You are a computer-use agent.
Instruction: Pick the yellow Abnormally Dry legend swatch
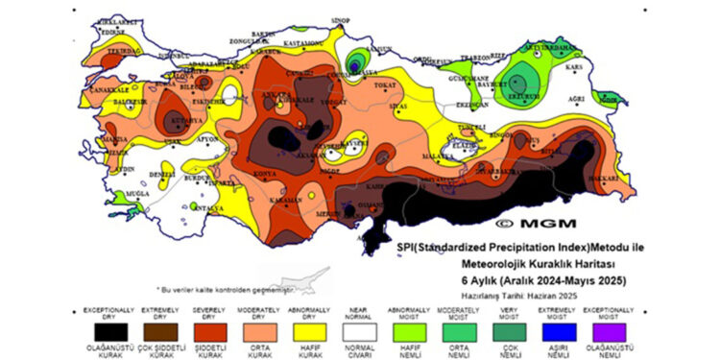pyautogui.click(x=308, y=330)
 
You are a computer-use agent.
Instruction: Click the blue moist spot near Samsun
pyautogui.click(x=357, y=64)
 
